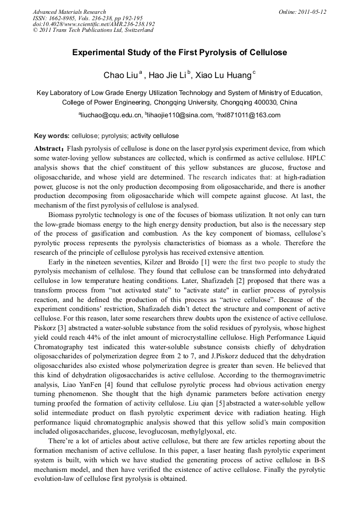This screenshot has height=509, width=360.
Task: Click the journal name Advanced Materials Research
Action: (x=69, y=12)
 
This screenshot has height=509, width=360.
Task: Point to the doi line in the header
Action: (x=93, y=24)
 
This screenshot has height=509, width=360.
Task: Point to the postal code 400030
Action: (x=267, y=102)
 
